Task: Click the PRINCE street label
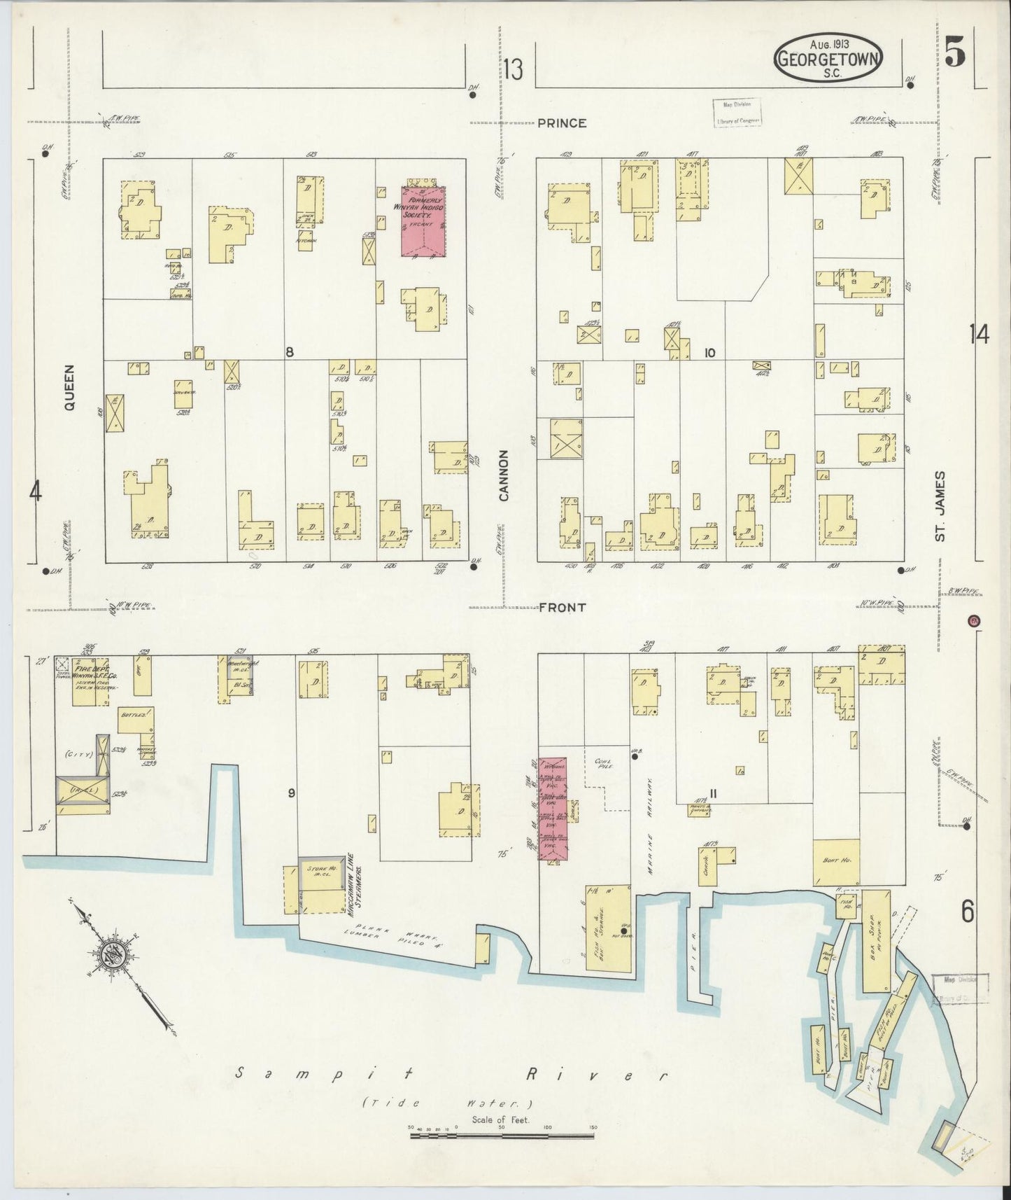(x=563, y=123)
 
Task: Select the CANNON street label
(x=504, y=475)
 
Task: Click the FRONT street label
(x=563, y=608)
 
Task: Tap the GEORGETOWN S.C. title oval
(x=828, y=59)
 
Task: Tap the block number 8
(x=289, y=351)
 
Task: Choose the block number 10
(x=710, y=353)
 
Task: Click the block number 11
(x=713, y=793)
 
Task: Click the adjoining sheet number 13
(x=513, y=70)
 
